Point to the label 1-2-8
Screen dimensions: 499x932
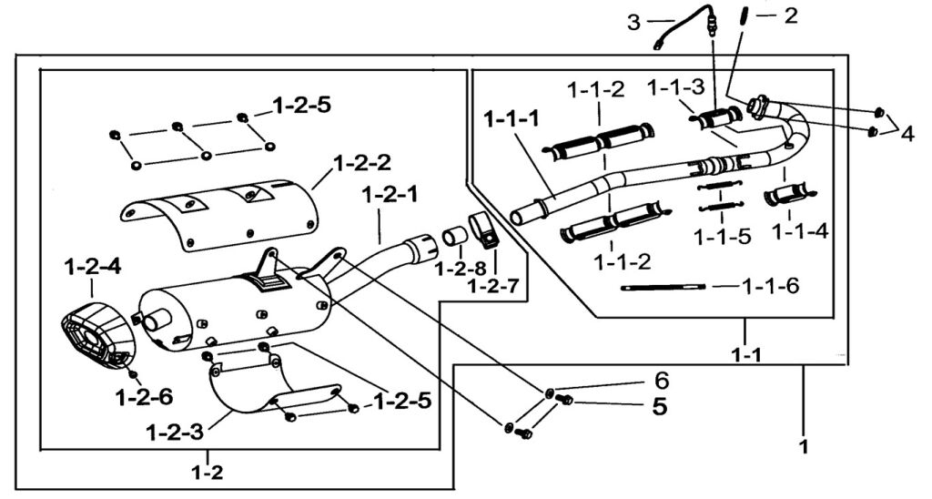click(x=453, y=269)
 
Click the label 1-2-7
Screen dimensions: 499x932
click(x=494, y=285)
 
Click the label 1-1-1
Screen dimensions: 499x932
click(x=512, y=119)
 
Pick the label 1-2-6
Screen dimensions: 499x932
click(x=144, y=396)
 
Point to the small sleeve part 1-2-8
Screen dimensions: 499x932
click(x=454, y=239)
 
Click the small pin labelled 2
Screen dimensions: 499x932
click(x=743, y=17)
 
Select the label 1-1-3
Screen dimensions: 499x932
click(x=675, y=87)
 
